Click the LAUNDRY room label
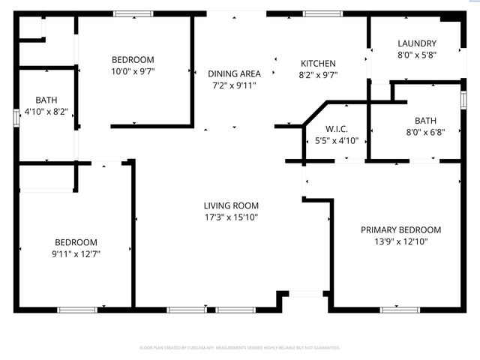point(417,43)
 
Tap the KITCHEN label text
point(318,64)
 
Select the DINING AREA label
point(234,73)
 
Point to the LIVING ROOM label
point(231,205)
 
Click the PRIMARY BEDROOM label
point(400,230)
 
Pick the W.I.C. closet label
point(337,129)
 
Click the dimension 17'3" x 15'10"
point(231,217)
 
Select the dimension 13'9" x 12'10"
point(400,241)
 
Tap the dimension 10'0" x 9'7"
point(133,71)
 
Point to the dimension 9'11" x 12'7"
point(76,253)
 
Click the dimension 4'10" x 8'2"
point(46,112)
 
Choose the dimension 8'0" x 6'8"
point(425,132)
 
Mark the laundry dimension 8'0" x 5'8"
point(417,55)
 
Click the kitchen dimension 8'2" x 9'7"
point(318,75)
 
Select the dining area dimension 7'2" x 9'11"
point(234,85)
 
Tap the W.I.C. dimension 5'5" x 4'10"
point(337,140)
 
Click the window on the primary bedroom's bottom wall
point(399,309)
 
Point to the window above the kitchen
point(322,13)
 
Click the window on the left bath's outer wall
point(16,117)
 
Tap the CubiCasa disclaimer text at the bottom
point(240,348)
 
